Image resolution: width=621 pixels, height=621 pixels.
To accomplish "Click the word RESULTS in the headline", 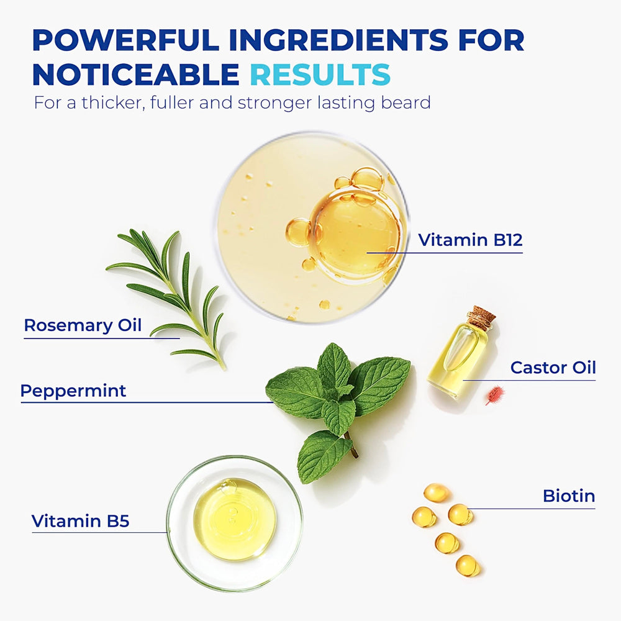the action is pos(320,75).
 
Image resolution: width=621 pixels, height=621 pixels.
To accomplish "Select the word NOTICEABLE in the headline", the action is pos(136,75).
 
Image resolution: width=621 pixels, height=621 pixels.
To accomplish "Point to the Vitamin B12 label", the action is pos(470,240).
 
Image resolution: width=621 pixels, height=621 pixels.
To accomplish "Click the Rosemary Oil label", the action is pos(83,325).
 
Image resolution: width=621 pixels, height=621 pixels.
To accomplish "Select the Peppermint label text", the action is pos(73,391).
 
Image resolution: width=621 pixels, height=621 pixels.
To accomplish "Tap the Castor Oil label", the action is pos(553,368).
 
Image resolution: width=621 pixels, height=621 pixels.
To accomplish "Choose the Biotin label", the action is pos(569,496).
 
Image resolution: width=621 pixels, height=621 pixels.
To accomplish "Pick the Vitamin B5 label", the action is pos(80,521).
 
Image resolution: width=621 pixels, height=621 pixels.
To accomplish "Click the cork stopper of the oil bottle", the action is pos(481,317).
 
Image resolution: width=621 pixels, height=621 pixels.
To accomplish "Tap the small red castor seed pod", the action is pos(495,395).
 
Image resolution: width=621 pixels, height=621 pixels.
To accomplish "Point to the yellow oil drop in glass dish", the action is pos(235,519).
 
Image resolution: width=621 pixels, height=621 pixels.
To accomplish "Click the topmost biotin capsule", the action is pos(436,492).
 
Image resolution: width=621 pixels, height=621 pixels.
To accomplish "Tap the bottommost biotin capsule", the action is pos(468,566).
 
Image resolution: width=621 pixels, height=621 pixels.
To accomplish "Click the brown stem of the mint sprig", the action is pos(351,445).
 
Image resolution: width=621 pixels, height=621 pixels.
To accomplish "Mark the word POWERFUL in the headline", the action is pos(126,40).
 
